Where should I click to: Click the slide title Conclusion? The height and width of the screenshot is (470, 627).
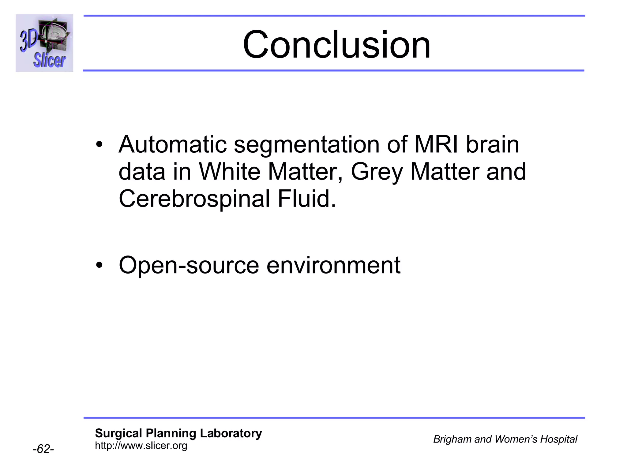click(336, 45)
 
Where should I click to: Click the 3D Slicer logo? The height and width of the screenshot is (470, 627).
click(44, 43)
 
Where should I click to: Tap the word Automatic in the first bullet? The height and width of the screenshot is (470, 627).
click(173, 144)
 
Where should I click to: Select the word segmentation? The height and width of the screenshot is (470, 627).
click(307, 145)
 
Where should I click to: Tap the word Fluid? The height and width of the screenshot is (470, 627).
click(306, 199)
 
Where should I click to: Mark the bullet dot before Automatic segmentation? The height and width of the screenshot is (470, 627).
click(99, 144)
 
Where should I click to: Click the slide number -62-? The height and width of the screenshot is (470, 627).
click(43, 449)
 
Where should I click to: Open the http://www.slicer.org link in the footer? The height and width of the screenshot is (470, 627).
click(141, 446)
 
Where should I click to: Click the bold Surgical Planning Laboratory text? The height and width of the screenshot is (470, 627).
click(178, 433)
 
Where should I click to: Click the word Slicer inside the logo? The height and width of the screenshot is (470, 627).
click(50, 60)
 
